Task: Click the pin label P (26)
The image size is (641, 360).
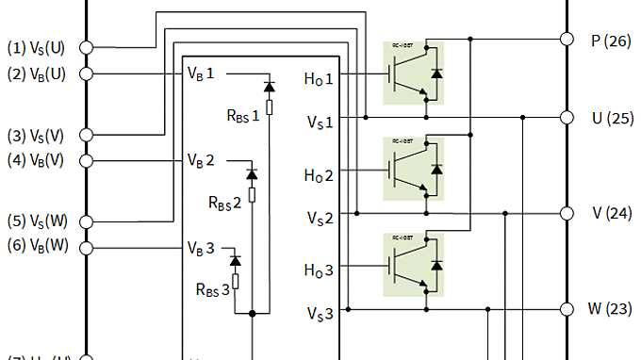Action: pos(610,41)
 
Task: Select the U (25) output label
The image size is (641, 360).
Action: pos(612,118)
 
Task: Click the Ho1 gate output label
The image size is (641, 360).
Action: pos(318,80)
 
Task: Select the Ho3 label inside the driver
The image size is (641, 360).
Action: pos(318,270)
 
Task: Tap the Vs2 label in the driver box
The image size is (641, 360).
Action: pos(320,219)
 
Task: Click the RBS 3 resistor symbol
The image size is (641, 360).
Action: pos(236,280)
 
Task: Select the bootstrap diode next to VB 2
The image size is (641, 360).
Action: pos(252,174)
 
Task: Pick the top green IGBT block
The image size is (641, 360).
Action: pos(414,72)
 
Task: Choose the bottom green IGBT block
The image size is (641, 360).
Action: pos(414,263)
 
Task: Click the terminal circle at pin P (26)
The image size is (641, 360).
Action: pos(567,40)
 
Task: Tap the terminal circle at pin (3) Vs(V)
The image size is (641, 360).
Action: pos(86,135)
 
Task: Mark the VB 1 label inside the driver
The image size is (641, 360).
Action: pos(201,74)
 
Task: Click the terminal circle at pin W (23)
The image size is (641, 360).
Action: pos(567,308)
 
